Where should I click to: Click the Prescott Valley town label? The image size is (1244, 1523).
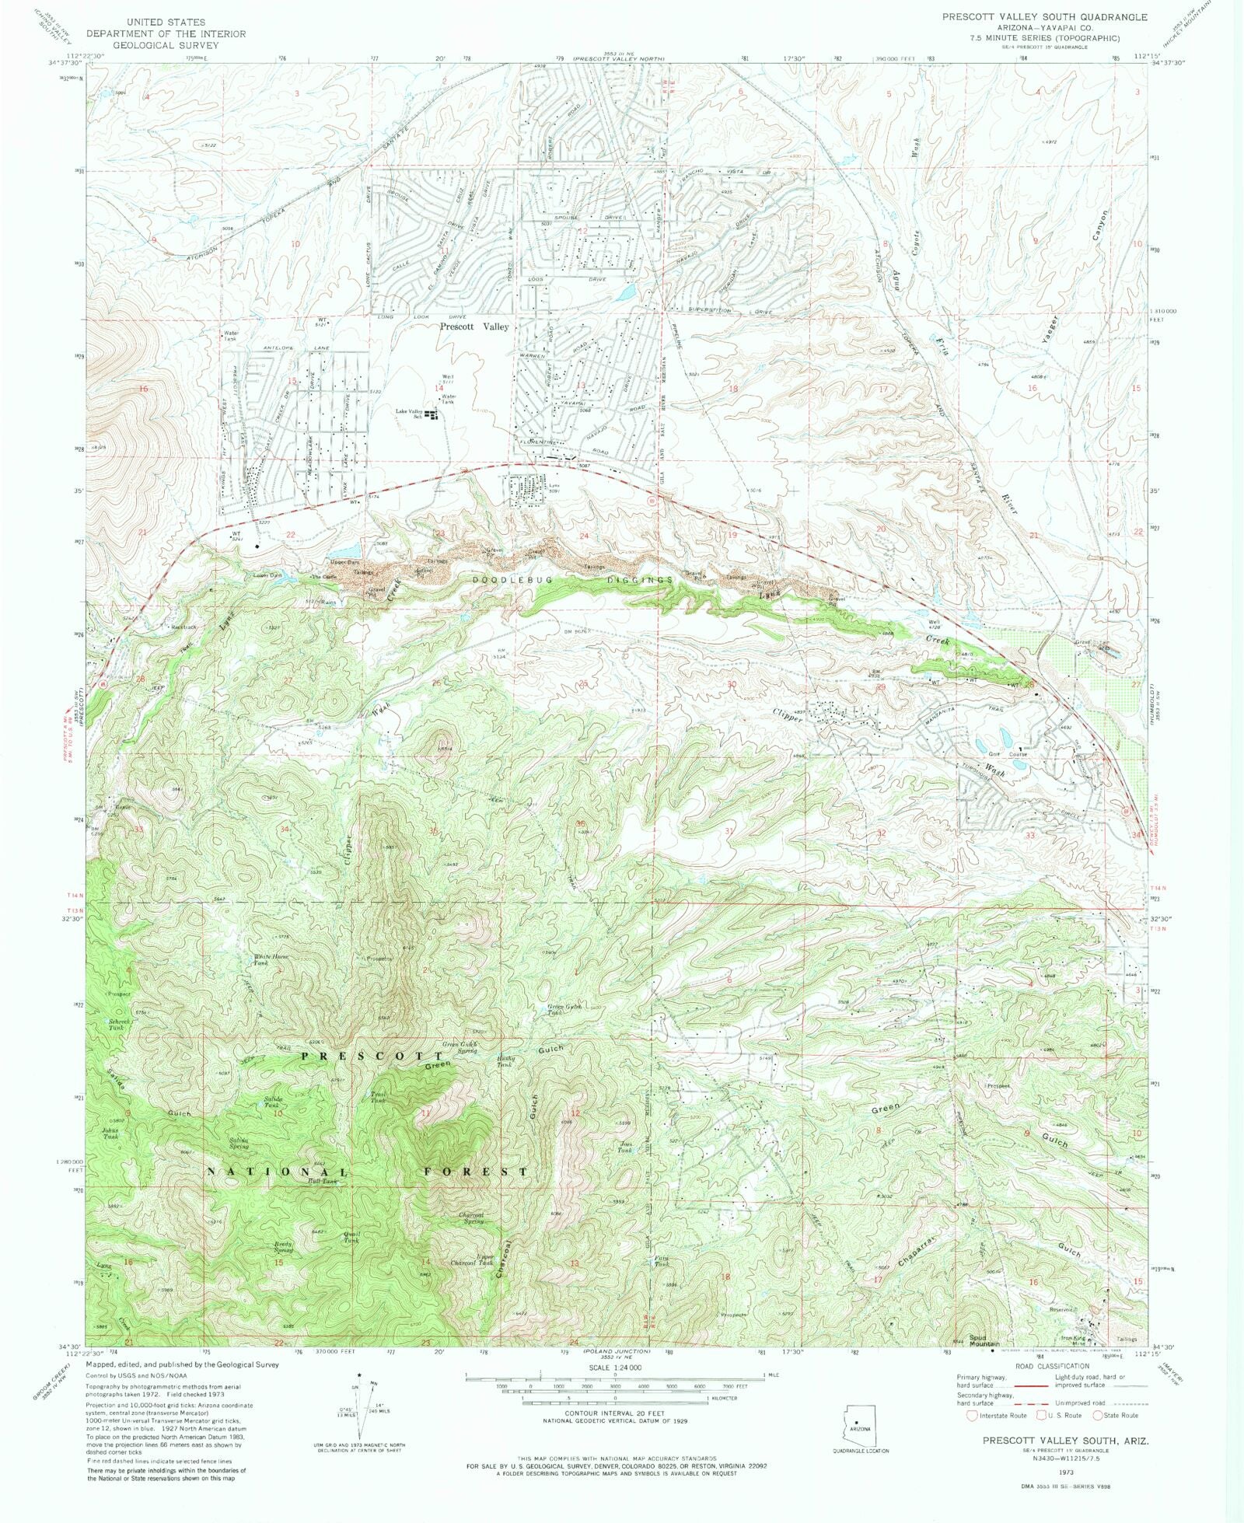[x=474, y=327]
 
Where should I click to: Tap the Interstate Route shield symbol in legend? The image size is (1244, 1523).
[x=971, y=1416]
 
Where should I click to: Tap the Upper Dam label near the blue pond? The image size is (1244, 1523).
[x=345, y=561]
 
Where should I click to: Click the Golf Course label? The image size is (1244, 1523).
[x=1008, y=754]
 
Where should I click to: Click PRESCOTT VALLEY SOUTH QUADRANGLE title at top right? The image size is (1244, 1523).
[x=1044, y=16]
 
